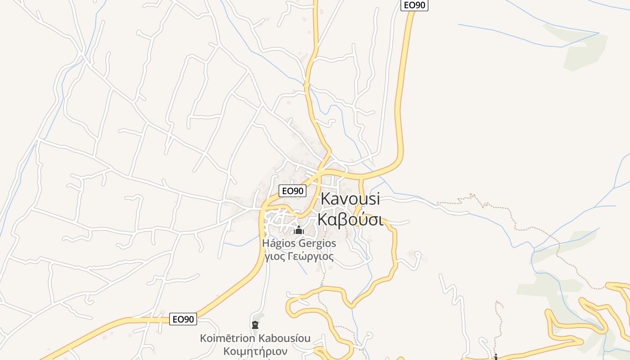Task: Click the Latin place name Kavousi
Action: click(350, 199)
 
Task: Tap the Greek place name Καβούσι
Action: click(350, 220)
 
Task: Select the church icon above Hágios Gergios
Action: click(298, 230)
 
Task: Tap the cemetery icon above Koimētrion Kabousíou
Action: click(255, 324)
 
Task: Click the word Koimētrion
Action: click(228, 338)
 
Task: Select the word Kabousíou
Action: click(285, 338)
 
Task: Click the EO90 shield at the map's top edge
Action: click(414, 5)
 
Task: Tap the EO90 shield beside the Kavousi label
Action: click(292, 191)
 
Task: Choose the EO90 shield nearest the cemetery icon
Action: click(184, 319)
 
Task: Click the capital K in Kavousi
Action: click(326, 199)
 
